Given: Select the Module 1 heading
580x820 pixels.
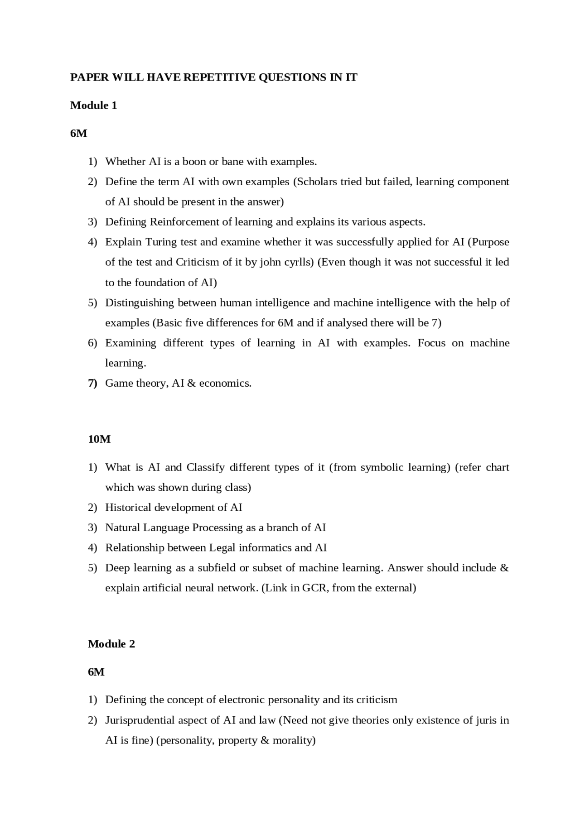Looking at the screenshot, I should point(93,105).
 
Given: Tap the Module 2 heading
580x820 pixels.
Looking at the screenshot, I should point(111,644).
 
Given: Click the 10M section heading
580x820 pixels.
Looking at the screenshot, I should point(99,439).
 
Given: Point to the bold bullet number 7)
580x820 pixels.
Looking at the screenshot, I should point(92,383).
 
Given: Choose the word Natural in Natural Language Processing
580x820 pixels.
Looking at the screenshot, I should point(122,527).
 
